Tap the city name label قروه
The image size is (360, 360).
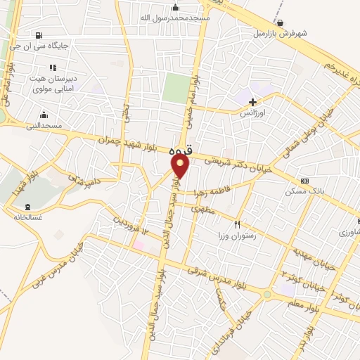tap(180, 151)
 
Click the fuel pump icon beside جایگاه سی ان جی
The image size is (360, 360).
tap(37, 35)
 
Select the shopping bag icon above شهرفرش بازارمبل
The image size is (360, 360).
tap(280, 22)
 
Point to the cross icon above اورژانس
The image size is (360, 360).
tap(252, 102)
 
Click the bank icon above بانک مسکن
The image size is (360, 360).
tap(304, 180)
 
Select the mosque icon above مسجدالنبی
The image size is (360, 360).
tap(44, 115)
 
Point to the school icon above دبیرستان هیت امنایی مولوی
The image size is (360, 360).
tap(53, 67)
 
